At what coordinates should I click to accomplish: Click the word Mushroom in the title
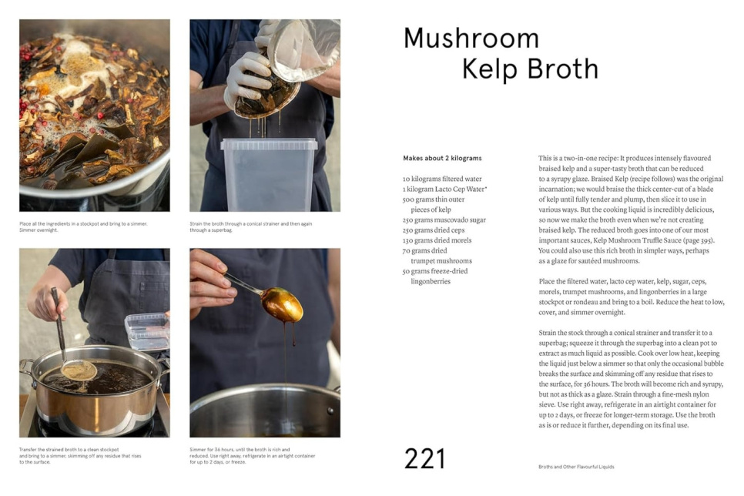click(x=471, y=39)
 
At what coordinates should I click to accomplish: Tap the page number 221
click(x=424, y=459)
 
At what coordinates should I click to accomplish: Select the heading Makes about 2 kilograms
click(x=442, y=159)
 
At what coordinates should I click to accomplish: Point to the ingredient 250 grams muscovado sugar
click(x=444, y=220)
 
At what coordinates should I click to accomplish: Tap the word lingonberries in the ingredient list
click(x=431, y=282)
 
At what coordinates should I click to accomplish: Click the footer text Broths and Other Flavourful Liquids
click(x=576, y=467)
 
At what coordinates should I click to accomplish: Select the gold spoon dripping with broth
click(x=281, y=304)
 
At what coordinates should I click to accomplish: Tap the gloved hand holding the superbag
click(x=248, y=77)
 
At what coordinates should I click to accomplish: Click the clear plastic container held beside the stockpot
click(x=146, y=331)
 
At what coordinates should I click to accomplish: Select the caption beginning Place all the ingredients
click(x=83, y=227)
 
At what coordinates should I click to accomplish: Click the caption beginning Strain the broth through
click(x=253, y=227)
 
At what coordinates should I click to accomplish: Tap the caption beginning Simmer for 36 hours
click(x=252, y=456)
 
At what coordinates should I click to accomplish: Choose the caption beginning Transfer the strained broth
click(x=80, y=456)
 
